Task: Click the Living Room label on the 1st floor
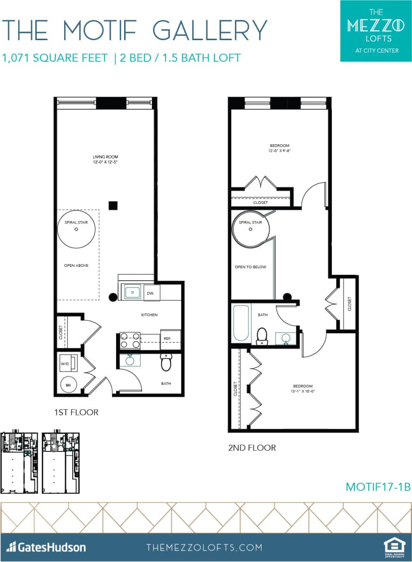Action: click(x=105, y=157)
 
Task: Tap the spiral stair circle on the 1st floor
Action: click(x=76, y=229)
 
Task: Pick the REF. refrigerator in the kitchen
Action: click(x=171, y=339)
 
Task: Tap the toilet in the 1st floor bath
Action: click(x=167, y=362)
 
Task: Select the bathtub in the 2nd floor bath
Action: click(x=241, y=323)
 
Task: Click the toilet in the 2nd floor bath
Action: click(x=262, y=336)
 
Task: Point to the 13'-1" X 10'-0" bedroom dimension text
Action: click(x=303, y=391)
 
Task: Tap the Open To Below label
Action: click(x=251, y=267)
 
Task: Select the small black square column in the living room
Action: click(x=113, y=205)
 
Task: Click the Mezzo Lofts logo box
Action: click(x=376, y=31)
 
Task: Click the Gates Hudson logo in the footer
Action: click(x=46, y=547)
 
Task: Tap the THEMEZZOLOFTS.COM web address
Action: click(x=204, y=547)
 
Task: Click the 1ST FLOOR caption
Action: click(x=76, y=413)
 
